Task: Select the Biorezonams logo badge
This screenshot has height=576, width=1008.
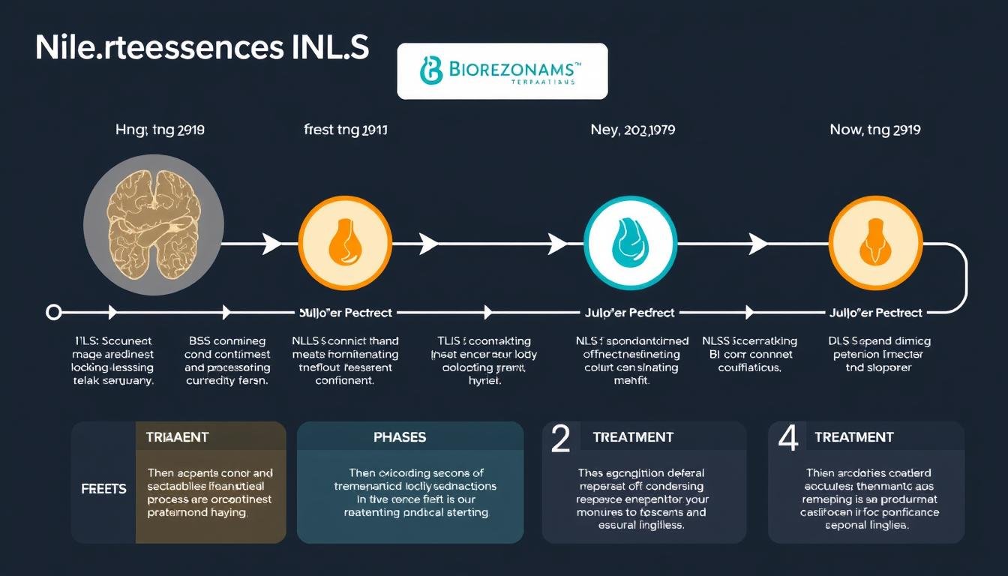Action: coord(502,71)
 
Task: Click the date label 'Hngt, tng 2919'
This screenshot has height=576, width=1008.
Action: coord(160,130)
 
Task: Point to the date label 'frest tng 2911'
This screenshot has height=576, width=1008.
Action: coord(346,130)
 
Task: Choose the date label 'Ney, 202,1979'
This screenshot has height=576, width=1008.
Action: coord(632,130)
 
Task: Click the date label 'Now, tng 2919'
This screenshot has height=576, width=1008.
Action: coord(875,130)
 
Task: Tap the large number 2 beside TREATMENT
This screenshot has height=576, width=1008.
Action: coord(561,438)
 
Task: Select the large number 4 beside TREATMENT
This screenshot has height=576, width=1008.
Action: coord(787,438)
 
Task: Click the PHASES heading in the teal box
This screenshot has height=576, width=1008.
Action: coord(399,437)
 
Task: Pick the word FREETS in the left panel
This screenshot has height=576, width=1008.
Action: coord(103,489)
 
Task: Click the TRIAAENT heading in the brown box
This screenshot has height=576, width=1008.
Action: coord(178,437)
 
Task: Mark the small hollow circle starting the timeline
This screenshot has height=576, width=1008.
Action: coord(53,312)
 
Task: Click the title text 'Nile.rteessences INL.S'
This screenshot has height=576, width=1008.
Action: coord(202,47)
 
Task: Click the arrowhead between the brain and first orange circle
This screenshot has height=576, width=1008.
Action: coord(271,243)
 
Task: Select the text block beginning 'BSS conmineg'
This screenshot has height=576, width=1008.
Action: coord(226,361)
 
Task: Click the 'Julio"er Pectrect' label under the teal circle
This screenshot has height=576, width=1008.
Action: coord(629,312)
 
